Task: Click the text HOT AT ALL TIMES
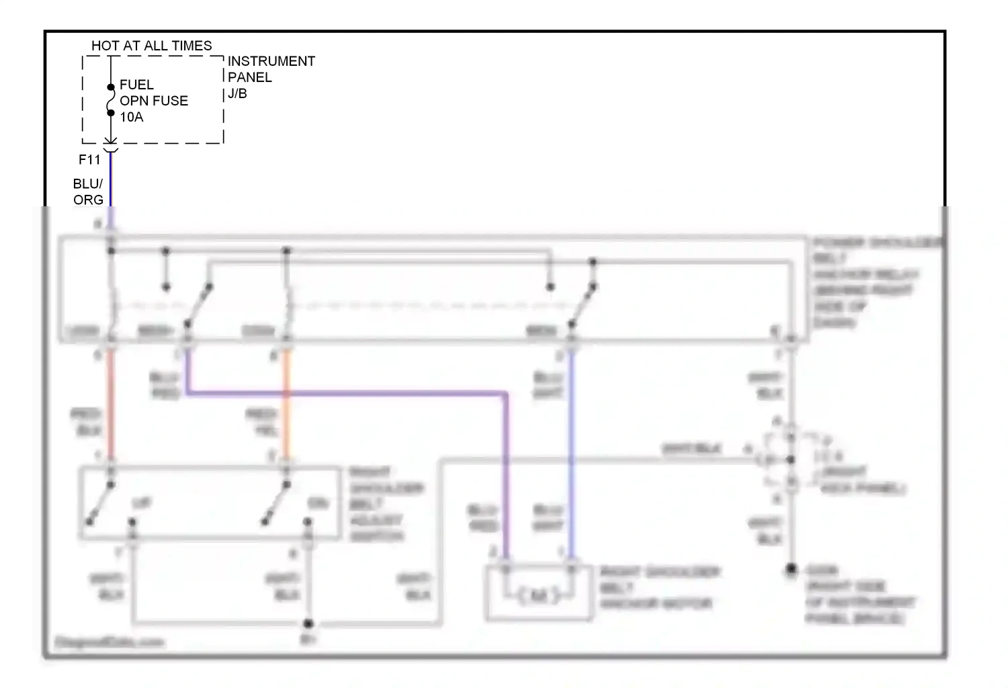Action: pos(151,46)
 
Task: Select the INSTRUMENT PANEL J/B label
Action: pos(271,77)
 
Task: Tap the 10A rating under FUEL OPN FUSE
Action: pos(132,117)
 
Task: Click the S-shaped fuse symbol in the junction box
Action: pos(111,100)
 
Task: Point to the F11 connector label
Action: pos(89,159)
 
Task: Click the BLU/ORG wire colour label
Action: pos(88,191)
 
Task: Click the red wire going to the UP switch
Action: pos(111,403)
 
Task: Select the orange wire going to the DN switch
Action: pos(286,403)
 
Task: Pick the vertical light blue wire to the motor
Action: pos(571,457)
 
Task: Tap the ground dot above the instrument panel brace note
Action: pos(792,570)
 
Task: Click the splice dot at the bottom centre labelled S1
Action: pos(308,624)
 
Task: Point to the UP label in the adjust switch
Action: pos(142,503)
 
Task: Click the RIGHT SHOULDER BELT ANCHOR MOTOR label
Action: pos(659,588)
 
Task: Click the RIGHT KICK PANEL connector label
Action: pos(864,480)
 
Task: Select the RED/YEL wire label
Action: pos(262,422)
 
